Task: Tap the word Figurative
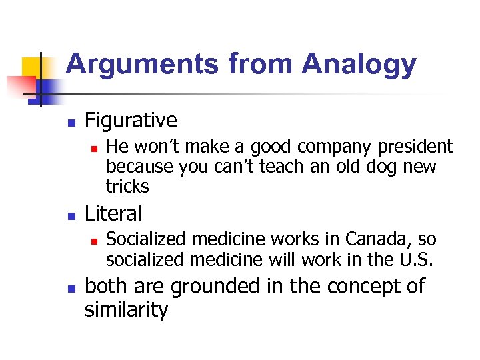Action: point(131,121)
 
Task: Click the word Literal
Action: point(113,214)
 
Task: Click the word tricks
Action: point(127,186)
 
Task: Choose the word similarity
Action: point(126,310)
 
